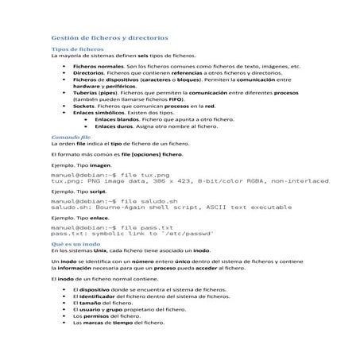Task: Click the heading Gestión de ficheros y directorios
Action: (x=109, y=37)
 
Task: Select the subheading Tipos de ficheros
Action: (x=73, y=49)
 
